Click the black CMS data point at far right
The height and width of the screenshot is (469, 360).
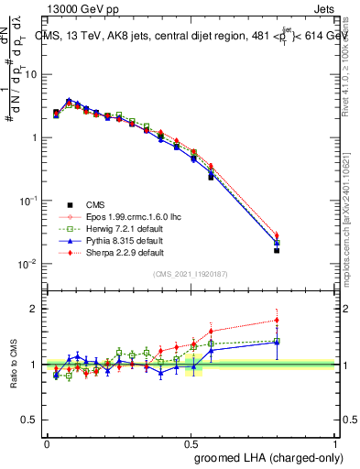(277, 250)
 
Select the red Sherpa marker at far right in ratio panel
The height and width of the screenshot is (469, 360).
(277, 321)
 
